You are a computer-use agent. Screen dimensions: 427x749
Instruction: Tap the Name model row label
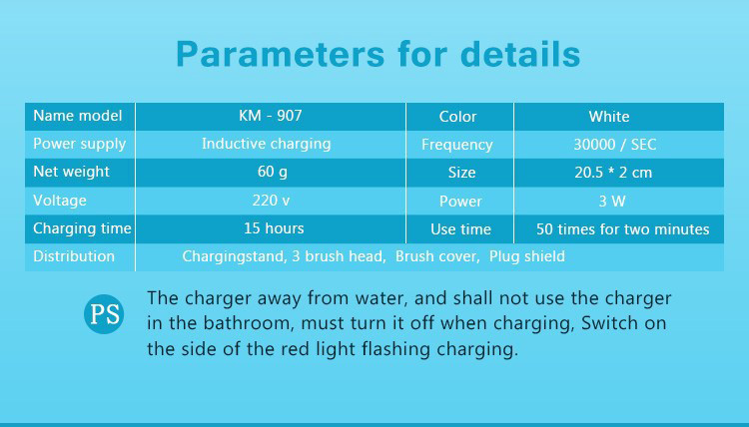pyautogui.click(x=77, y=116)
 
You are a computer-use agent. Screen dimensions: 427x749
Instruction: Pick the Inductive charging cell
pyautogui.click(x=266, y=144)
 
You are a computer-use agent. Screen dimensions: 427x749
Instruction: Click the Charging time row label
pyautogui.click(x=81, y=228)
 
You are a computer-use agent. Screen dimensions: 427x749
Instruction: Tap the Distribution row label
pyautogui.click(x=74, y=256)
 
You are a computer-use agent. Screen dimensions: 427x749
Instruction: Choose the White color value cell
pyautogui.click(x=608, y=117)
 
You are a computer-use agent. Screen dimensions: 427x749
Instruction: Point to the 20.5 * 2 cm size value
pyautogui.click(x=613, y=173)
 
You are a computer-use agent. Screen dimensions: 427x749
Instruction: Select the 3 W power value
pyautogui.click(x=612, y=201)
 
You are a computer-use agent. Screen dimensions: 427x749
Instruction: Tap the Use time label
pyautogui.click(x=460, y=229)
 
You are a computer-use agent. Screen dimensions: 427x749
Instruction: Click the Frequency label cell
pyautogui.click(x=456, y=145)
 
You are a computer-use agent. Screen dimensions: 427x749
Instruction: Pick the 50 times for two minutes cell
pyautogui.click(x=622, y=229)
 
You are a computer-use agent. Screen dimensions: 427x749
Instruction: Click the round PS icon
pyautogui.click(x=104, y=315)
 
